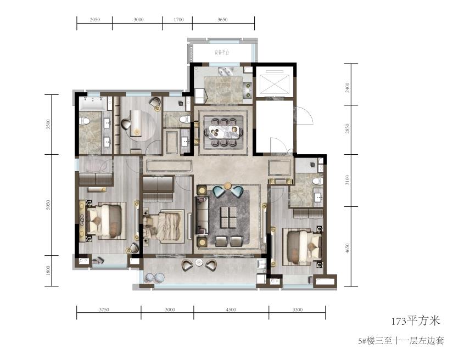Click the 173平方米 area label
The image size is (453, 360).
[x=416, y=321]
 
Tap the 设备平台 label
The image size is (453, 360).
[x=222, y=53]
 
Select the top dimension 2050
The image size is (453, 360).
[x=95, y=20]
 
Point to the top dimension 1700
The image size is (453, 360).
[x=178, y=20]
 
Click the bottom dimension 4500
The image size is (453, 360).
[x=231, y=310]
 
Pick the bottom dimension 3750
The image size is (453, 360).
[x=104, y=310]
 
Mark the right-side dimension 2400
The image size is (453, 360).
[x=347, y=87]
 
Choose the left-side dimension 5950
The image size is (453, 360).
[x=48, y=205]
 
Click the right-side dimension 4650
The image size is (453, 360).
[x=347, y=249]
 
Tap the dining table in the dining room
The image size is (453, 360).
[x=223, y=132]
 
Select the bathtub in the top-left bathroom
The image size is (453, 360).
[x=93, y=103]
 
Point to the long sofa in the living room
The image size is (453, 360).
[x=202, y=215]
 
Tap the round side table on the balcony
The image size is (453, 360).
[x=199, y=263]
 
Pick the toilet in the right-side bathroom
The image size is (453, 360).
[x=317, y=181]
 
